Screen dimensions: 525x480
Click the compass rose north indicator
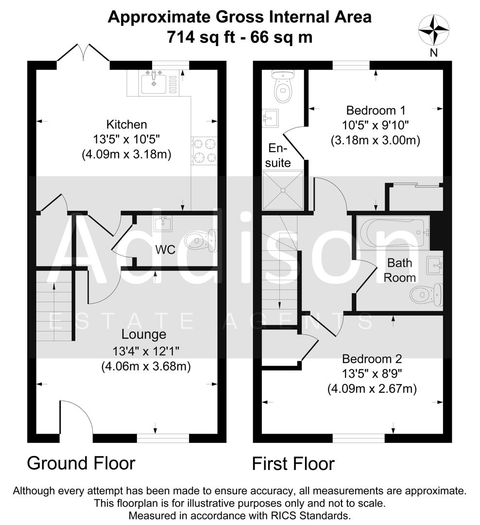pos(433,29)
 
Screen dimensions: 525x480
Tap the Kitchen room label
pos(127,124)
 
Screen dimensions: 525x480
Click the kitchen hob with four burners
pos(205,151)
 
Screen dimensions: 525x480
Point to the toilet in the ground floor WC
pos(201,240)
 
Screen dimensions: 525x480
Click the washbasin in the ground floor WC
pos(162,224)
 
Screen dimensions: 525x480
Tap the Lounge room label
pos(144,334)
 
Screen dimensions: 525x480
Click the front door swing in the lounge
pos(76,417)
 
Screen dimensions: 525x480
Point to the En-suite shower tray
pos(283,191)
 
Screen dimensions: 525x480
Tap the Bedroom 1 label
pos(376,110)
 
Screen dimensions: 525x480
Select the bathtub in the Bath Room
pos(393,232)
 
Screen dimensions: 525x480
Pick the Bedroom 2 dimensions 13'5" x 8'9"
pos(372,374)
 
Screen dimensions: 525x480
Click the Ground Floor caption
pos(81,463)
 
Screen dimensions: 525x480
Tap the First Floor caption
pos(293,463)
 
